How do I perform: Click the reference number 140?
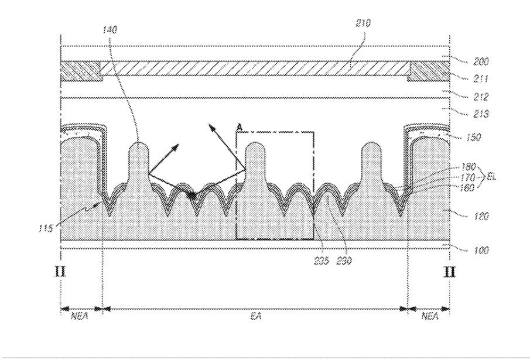click(x=110, y=30)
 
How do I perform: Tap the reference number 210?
click(x=363, y=23)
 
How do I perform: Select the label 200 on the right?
click(x=481, y=61)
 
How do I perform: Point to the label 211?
click(x=481, y=78)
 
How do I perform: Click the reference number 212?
click(x=481, y=97)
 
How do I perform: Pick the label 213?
click(x=481, y=114)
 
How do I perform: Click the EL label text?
click(x=492, y=176)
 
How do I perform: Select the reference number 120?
click(x=481, y=215)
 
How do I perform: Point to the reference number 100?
click(x=481, y=251)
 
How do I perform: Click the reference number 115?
click(x=46, y=228)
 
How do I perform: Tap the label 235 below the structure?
click(x=322, y=260)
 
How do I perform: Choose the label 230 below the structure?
click(x=344, y=260)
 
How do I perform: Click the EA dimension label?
click(x=256, y=316)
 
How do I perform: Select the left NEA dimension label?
click(x=80, y=316)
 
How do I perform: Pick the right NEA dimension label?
click(x=430, y=316)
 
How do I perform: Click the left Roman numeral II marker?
click(x=60, y=271)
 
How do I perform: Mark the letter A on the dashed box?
click(x=240, y=128)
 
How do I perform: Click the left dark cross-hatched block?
click(x=81, y=71)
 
